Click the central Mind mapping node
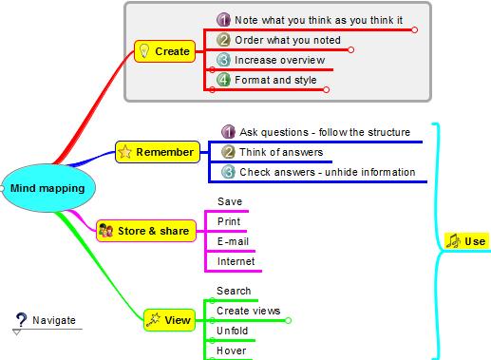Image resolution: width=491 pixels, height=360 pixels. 47,188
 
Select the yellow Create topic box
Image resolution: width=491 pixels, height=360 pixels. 164,51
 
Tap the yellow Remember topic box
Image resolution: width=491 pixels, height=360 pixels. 158,152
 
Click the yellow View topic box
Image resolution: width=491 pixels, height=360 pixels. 169,321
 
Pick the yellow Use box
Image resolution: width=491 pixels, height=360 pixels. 466,241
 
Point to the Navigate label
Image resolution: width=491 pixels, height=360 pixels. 54,321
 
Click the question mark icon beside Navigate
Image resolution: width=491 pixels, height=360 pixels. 19,322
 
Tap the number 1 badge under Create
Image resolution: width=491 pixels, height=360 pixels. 224,19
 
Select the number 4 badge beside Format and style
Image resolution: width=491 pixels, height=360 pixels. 224,80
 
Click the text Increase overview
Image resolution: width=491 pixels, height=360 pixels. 279,60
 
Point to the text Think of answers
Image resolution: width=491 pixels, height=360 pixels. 281,152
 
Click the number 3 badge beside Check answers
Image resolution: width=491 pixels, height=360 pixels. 228,172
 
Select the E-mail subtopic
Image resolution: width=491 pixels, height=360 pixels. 233,241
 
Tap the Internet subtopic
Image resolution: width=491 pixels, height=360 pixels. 236,261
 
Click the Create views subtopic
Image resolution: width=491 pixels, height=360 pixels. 248,311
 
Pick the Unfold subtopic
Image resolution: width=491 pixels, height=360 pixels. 233,331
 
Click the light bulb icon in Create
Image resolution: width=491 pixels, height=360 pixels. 143,51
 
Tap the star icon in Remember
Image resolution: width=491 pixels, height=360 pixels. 125,152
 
